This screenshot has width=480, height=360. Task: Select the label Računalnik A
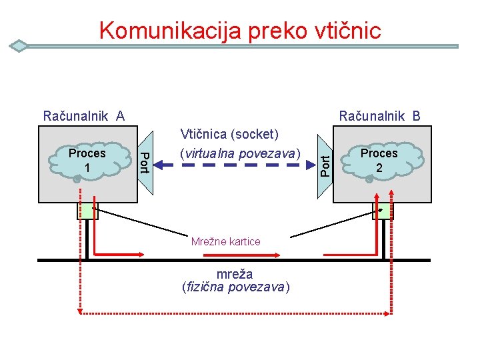[83, 116]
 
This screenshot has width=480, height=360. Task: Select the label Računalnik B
[379, 116]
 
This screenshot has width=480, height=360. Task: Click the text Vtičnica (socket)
[228, 134]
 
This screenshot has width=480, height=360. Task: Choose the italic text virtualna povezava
[240, 153]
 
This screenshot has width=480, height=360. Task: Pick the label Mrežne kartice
[225, 241]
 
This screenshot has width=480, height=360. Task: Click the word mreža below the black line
[235, 274]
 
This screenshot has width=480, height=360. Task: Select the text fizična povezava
[235, 287]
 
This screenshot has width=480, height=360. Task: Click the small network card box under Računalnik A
[87, 211]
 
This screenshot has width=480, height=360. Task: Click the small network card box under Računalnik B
[382, 211]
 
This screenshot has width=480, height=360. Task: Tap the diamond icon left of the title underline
[19, 46]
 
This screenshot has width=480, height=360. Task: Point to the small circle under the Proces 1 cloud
[77, 179]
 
